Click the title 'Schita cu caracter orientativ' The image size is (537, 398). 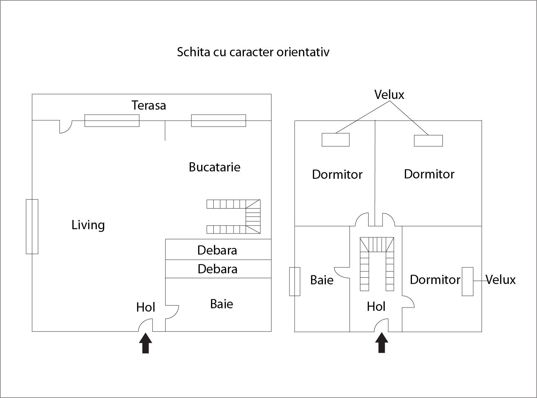pyautogui.click(x=253, y=52)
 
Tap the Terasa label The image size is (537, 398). pyautogui.click(x=149, y=106)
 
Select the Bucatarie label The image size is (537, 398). pyautogui.click(x=214, y=167)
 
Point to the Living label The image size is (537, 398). pyautogui.click(x=88, y=225)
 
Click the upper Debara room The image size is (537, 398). pyautogui.click(x=217, y=250)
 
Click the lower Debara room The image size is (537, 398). pyautogui.click(x=217, y=269)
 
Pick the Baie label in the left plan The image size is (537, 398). pyautogui.click(x=221, y=304)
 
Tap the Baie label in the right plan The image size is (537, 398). pyautogui.click(x=322, y=280)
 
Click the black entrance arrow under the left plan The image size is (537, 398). pyautogui.click(x=146, y=343)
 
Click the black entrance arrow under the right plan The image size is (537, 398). pyautogui.click(x=382, y=342)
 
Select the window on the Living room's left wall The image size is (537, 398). pyautogui.click(x=32, y=227)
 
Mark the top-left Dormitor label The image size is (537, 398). pyautogui.click(x=337, y=174)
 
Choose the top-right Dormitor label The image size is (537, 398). pyautogui.click(x=429, y=174)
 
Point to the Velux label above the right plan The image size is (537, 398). pyautogui.click(x=389, y=95)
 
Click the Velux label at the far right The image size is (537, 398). pyautogui.click(x=501, y=280)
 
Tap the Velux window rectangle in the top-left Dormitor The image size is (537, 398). pyautogui.click(x=335, y=140)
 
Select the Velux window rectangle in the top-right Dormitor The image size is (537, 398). pyautogui.click(x=428, y=141)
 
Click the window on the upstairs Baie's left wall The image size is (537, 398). pyautogui.click(x=295, y=281)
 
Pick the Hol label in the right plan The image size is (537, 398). pyautogui.click(x=376, y=306)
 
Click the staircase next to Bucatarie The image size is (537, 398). pyautogui.click(x=234, y=217)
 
